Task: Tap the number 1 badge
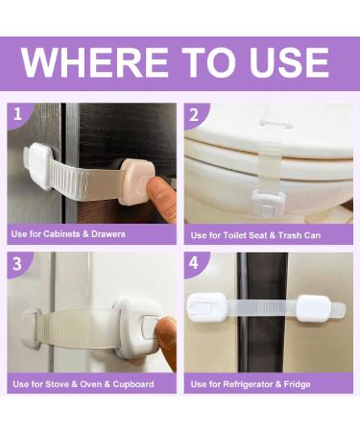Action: pyautogui.click(x=17, y=115)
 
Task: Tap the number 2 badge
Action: pyautogui.click(x=195, y=115)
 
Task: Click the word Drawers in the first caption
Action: pyautogui.click(x=107, y=233)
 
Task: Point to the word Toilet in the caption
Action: pyautogui.click(x=236, y=234)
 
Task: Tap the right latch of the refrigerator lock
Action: pyautogui.click(x=313, y=309)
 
